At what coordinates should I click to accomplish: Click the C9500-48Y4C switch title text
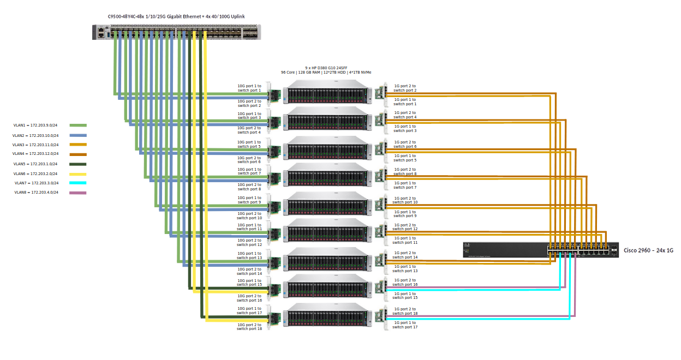click(x=176, y=17)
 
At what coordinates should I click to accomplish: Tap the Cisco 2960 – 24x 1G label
click(x=648, y=250)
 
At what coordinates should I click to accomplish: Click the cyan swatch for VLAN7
click(x=78, y=183)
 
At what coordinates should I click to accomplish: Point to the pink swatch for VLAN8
click(x=78, y=193)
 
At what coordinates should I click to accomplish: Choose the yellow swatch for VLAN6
click(x=78, y=173)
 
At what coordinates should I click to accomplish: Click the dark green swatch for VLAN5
click(x=78, y=164)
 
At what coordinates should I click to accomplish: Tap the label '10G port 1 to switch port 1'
click(x=249, y=88)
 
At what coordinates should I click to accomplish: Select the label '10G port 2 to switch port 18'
click(x=249, y=326)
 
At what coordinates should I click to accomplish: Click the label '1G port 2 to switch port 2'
click(x=404, y=88)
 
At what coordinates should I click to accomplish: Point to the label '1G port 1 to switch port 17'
click(x=404, y=325)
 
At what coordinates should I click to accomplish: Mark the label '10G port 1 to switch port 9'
click(x=249, y=200)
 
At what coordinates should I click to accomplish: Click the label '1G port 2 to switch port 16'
click(x=404, y=282)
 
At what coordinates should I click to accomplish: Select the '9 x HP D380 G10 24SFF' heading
click(x=325, y=67)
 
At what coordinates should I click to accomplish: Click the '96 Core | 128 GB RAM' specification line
click(x=325, y=72)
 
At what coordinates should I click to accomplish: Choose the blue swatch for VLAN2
click(x=78, y=135)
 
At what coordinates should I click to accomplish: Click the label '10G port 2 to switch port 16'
click(x=249, y=298)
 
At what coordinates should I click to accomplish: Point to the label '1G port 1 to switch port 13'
click(x=404, y=268)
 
